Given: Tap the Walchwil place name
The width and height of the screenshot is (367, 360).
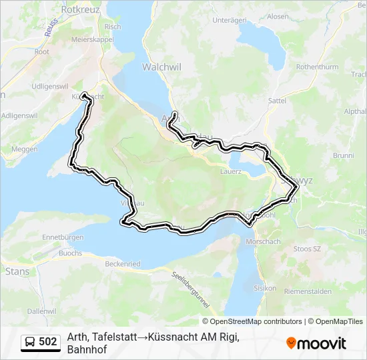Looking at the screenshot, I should click(157, 67).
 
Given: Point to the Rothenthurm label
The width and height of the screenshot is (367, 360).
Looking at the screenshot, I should click(318, 67).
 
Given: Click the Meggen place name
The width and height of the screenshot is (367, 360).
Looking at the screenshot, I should click(25, 149).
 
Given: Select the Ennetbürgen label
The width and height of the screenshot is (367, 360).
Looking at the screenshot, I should click(62, 237).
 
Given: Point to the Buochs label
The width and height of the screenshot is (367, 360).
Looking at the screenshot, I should click(70, 253).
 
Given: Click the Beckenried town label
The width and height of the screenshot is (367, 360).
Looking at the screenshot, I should click(123, 264).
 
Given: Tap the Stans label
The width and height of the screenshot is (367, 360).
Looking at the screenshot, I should click(17, 271).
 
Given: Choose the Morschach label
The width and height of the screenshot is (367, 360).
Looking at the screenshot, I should click(264, 241).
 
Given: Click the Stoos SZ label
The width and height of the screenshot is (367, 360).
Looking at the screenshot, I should click(308, 249).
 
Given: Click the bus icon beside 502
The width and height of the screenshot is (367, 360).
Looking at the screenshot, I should click(30, 343).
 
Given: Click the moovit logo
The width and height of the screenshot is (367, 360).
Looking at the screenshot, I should click(316, 343).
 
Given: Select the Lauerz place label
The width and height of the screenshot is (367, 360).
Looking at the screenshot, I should click(230, 171).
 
